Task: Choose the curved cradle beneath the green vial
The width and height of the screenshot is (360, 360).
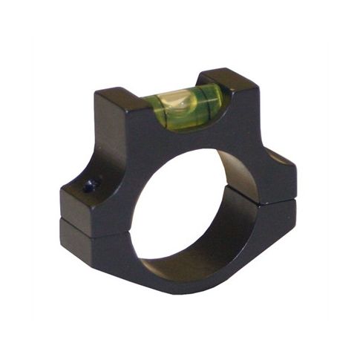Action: pos(186,128)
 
